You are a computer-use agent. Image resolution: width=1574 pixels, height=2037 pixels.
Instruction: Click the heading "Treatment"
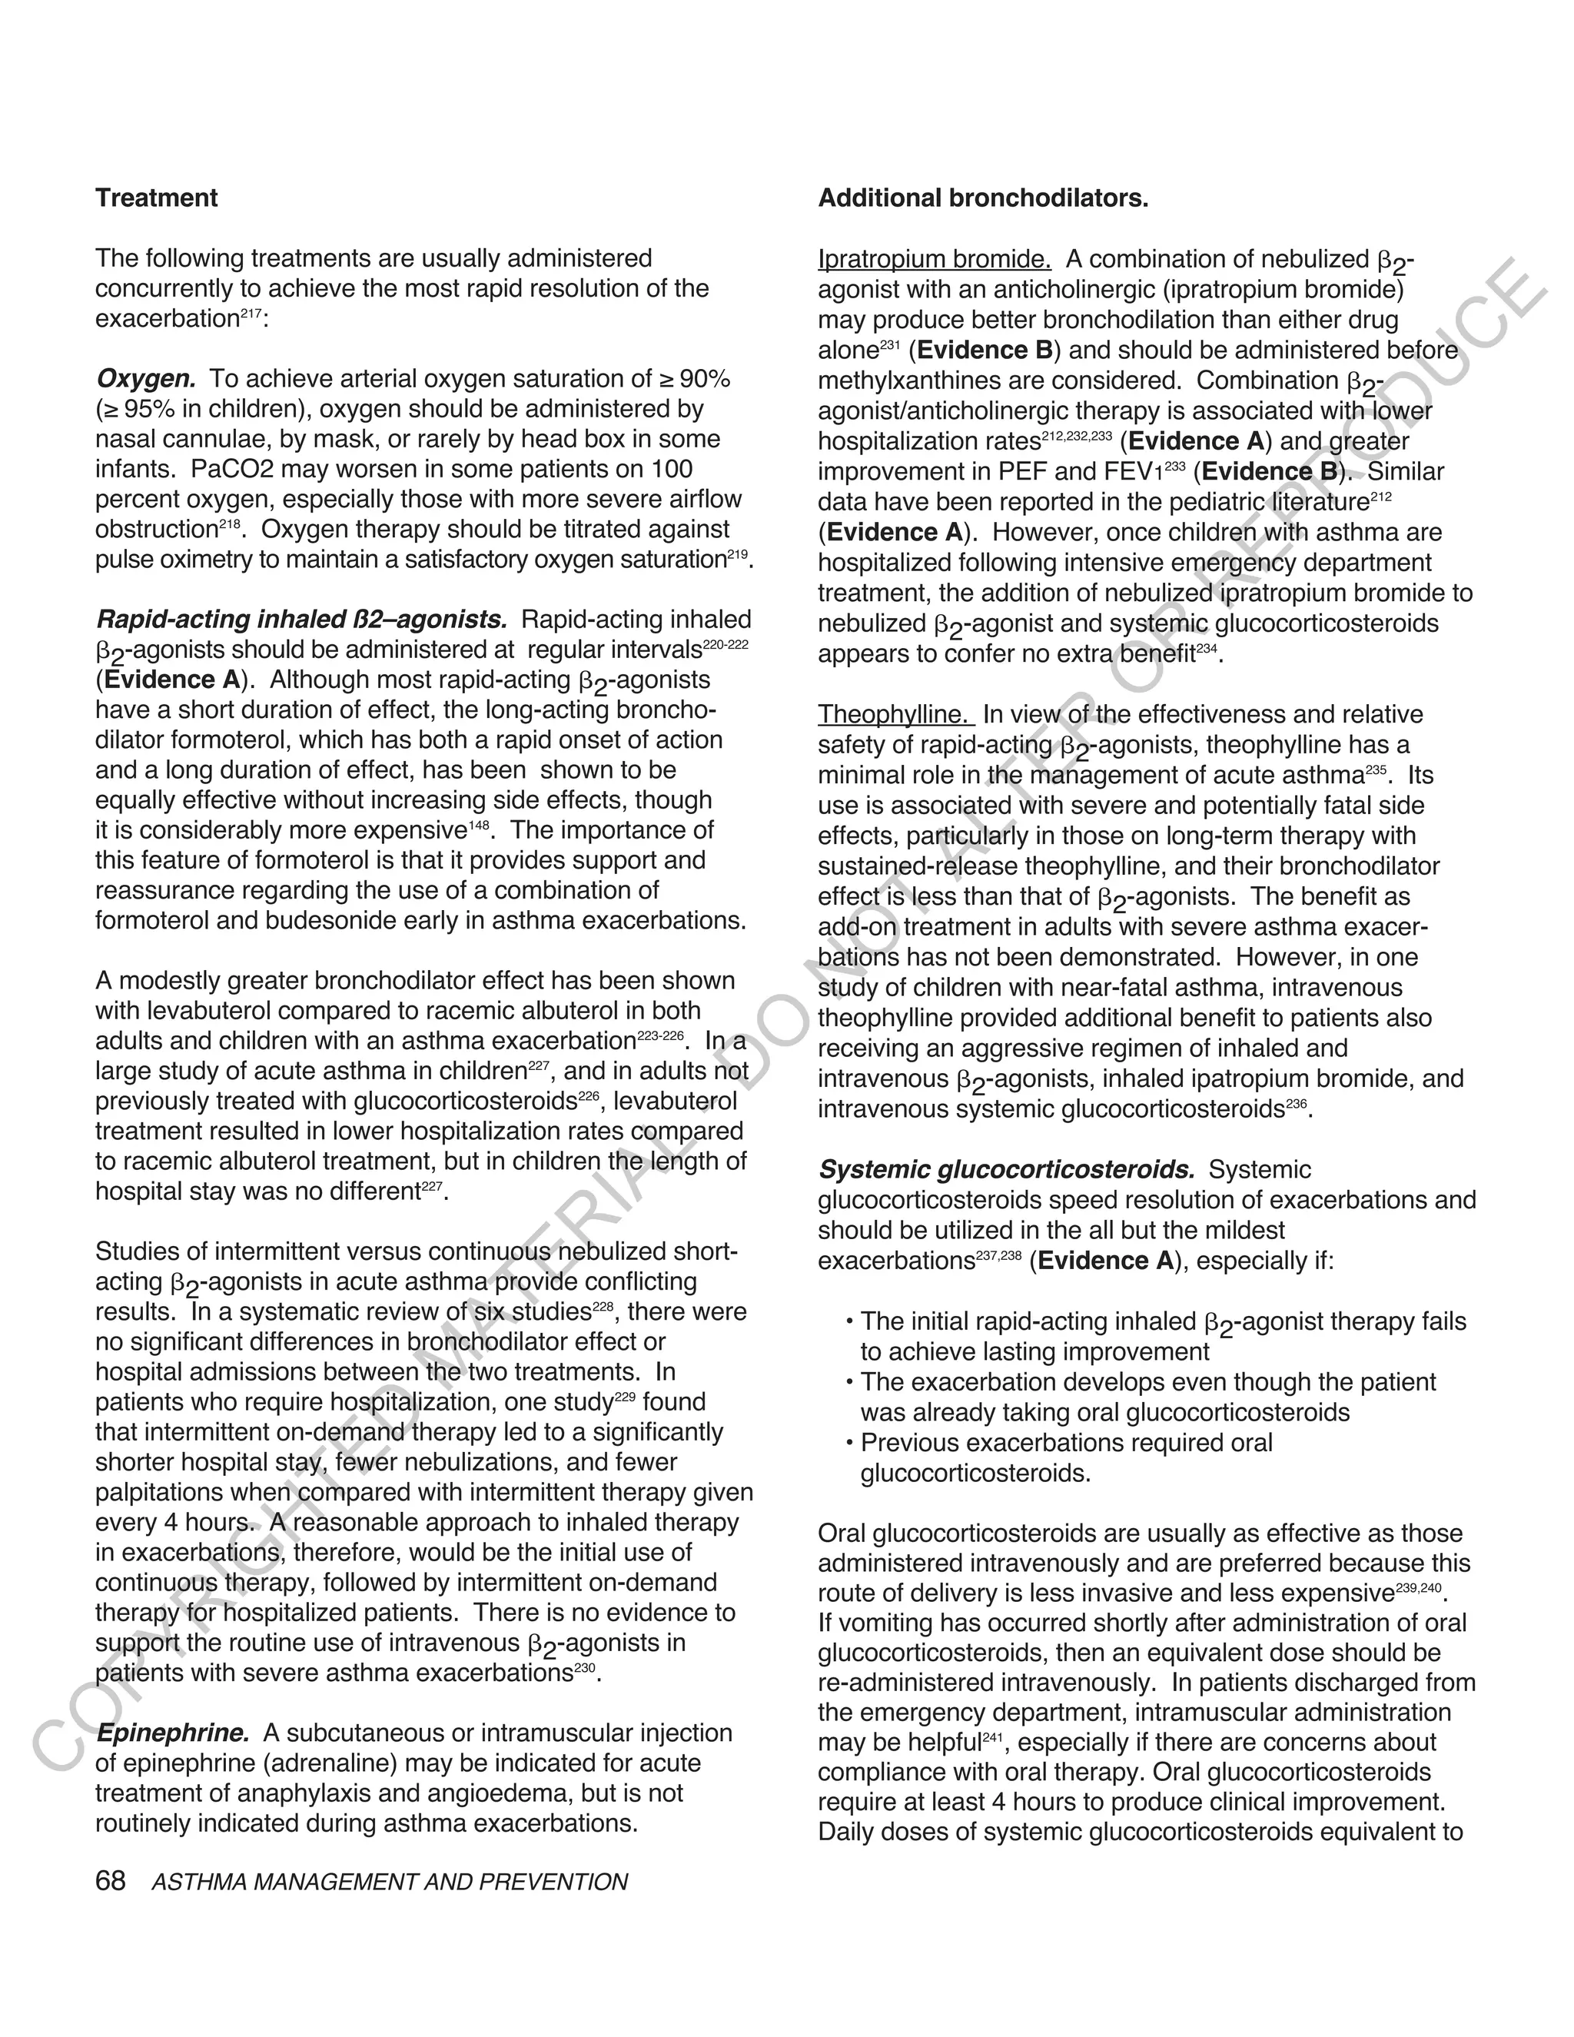point(156,198)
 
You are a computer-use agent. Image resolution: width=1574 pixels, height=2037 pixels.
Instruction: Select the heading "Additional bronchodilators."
point(983,198)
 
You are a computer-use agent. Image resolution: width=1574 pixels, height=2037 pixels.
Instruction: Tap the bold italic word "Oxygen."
point(145,379)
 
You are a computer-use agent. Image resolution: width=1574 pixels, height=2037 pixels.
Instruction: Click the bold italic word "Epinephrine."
point(172,1733)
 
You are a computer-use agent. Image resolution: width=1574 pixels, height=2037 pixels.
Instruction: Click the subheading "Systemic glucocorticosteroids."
point(1006,1170)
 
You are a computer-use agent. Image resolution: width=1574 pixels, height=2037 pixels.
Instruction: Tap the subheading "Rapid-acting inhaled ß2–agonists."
point(301,620)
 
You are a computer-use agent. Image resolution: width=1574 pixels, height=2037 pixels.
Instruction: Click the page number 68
point(110,1881)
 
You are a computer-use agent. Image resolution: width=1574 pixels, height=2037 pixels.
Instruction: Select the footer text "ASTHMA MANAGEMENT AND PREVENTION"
point(390,1882)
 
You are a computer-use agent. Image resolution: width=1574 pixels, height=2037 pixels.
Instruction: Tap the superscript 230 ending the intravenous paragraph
point(586,1668)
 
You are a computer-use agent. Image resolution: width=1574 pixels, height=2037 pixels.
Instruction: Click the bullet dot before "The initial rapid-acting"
point(849,1324)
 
